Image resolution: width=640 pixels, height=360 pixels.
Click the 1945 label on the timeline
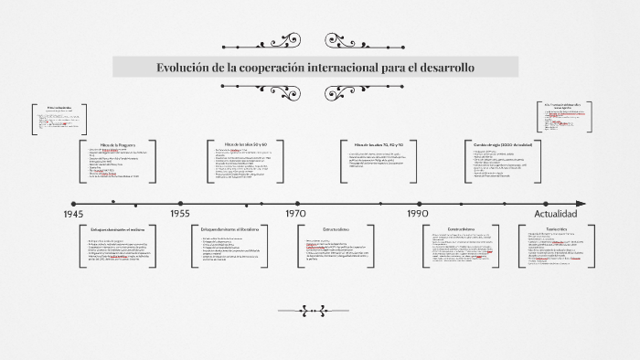click(74, 214)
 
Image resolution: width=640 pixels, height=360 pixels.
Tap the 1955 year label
click(179, 214)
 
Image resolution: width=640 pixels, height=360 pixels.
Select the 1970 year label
click(295, 214)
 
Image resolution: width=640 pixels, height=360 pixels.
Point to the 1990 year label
click(418, 214)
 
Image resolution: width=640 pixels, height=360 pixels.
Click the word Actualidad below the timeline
click(555, 214)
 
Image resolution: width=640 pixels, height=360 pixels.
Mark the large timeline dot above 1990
click(418, 204)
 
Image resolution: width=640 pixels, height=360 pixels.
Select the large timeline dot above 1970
click(295, 204)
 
